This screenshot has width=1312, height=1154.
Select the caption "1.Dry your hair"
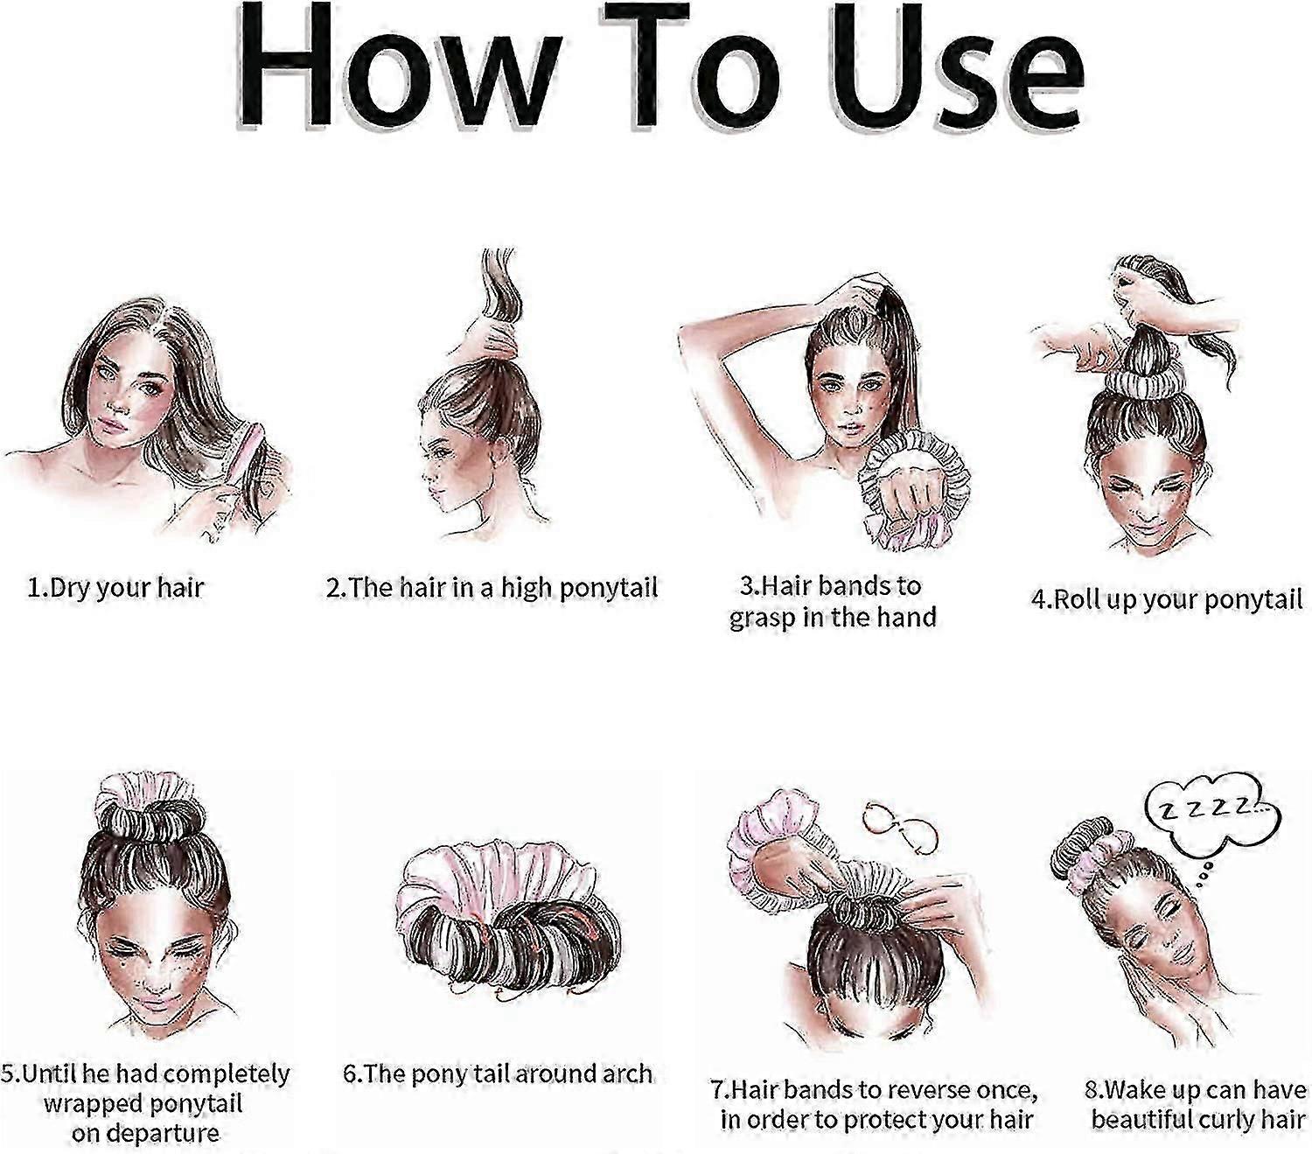click(x=115, y=588)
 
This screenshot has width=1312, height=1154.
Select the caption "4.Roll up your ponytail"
click(x=1166, y=599)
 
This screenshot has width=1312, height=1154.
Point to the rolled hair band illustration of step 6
click(x=506, y=913)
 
